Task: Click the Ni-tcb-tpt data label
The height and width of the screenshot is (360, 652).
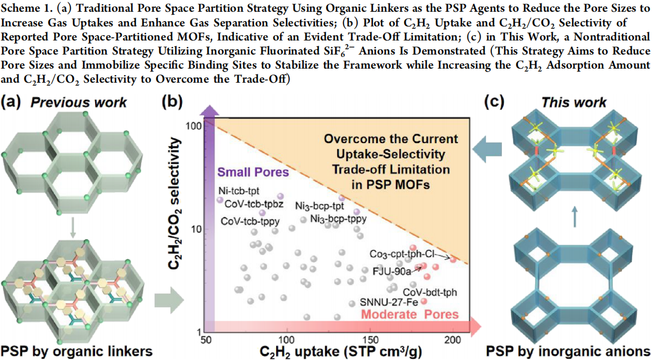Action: [238, 191]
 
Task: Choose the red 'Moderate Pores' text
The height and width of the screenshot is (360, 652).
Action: [410, 315]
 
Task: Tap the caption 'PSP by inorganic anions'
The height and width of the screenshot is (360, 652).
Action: [568, 351]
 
